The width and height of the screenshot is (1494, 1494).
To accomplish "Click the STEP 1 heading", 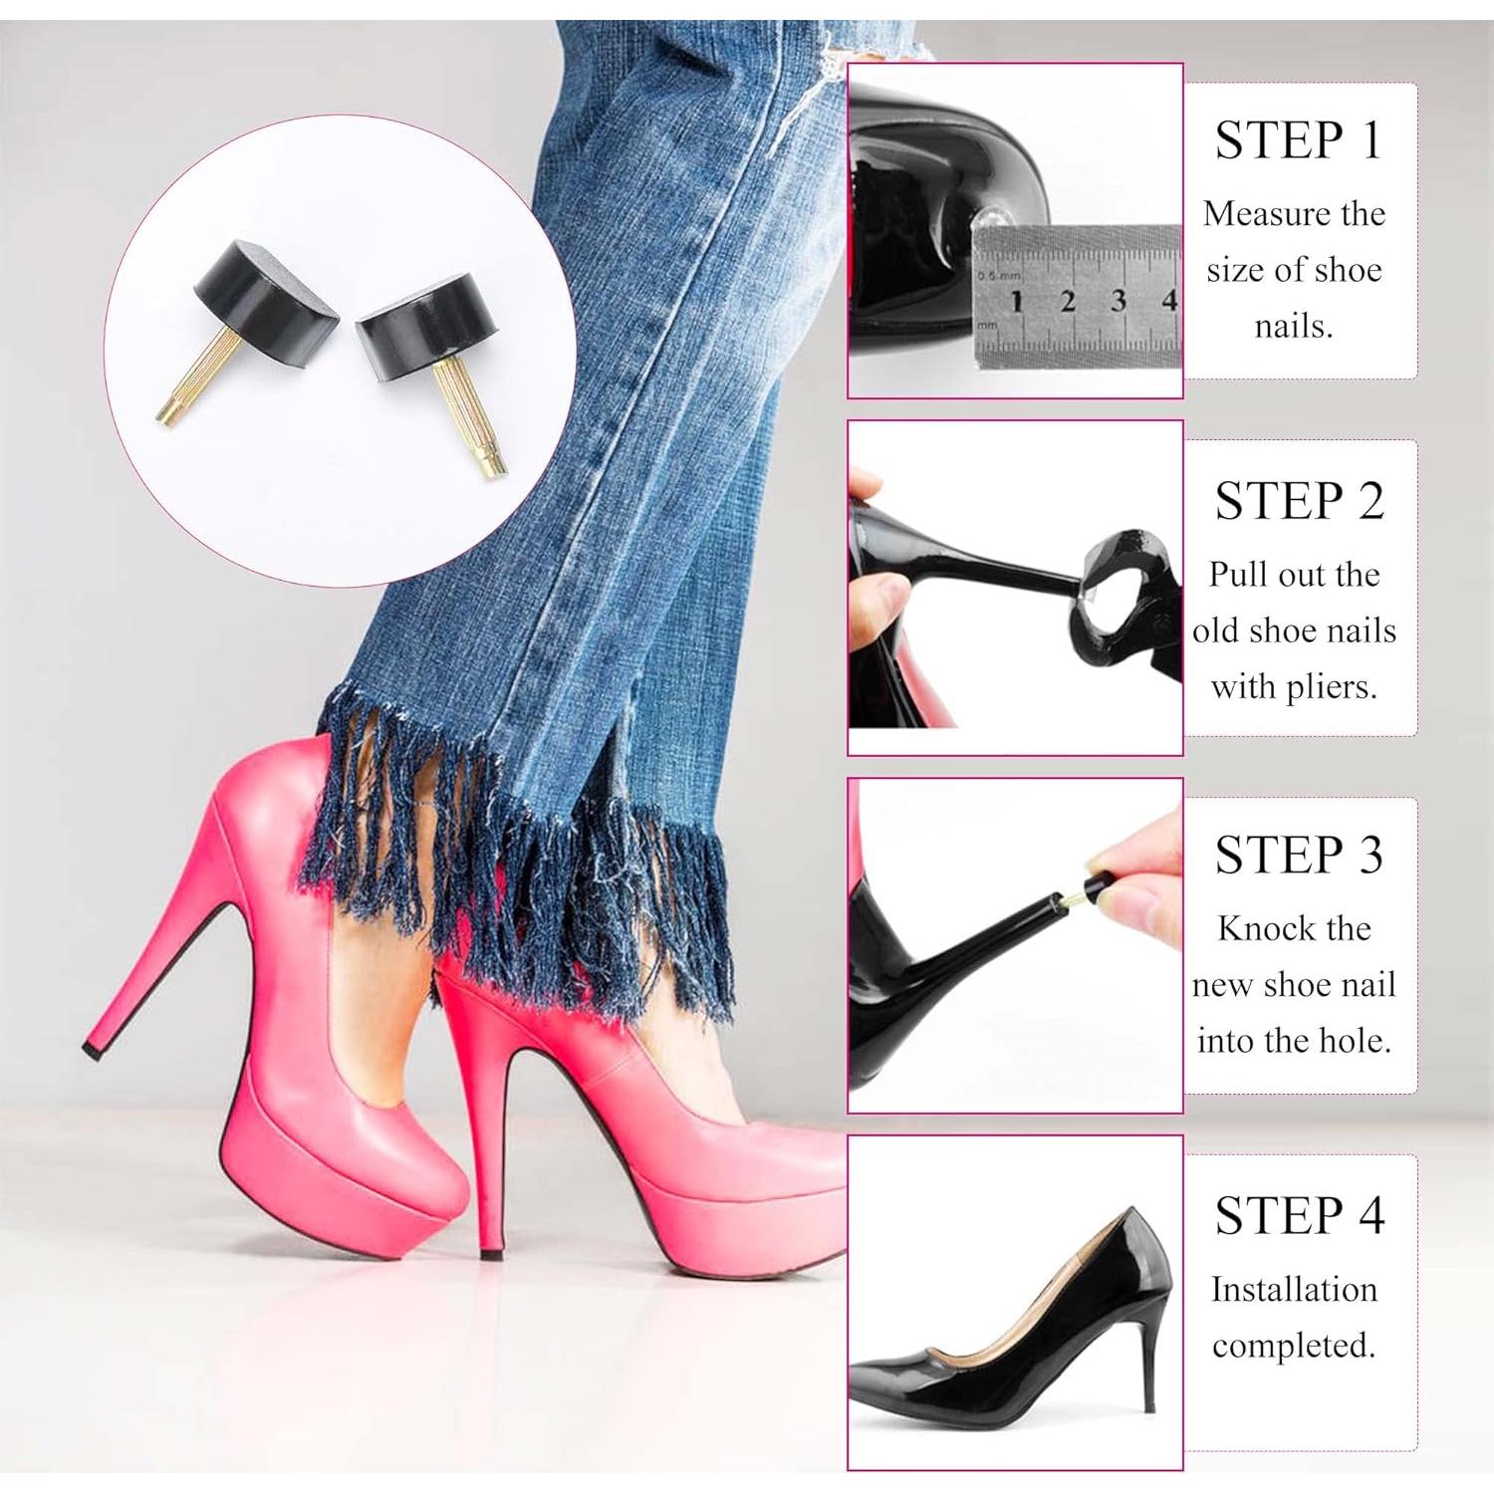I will pyautogui.click(x=1298, y=139).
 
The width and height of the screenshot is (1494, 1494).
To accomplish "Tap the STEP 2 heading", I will pyautogui.click(x=1299, y=500).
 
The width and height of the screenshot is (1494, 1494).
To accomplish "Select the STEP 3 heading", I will pyautogui.click(x=1299, y=855).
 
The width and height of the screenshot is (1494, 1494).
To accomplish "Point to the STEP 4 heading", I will pyautogui.click(x=1299, y=1215).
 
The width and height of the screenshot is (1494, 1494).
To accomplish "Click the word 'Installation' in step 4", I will pyautogui.click(x=1294, y=1289).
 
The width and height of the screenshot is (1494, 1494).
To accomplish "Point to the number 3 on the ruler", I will pyautogui.click(x=1118, y=300).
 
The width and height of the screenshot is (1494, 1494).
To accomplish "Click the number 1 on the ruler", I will pyautogui.click(x=1017, y=301).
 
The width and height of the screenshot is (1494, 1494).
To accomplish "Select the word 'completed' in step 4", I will pyautogui.click(x=1292, y=1346).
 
